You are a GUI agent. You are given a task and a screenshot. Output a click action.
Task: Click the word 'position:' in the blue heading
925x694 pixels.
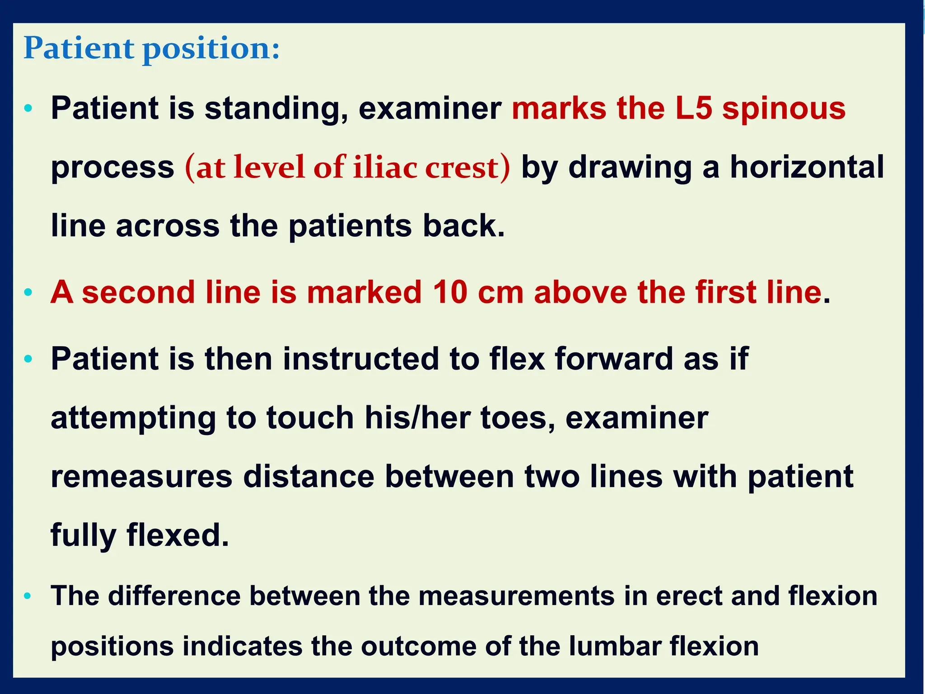[211, 49]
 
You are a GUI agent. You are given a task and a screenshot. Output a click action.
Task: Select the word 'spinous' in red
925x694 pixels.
[784, 109]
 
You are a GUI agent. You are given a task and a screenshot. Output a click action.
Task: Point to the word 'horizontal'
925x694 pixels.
[807, 167]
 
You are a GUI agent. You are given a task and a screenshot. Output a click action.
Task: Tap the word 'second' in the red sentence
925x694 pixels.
[138, 292]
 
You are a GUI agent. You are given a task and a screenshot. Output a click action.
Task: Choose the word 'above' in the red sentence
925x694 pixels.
[580, 292]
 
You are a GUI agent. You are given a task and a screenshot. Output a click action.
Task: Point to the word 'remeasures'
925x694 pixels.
[141, 477]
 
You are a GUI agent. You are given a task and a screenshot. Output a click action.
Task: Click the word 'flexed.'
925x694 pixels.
[178, 535]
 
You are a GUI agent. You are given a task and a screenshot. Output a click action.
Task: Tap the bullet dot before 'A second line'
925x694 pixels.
[28, 293]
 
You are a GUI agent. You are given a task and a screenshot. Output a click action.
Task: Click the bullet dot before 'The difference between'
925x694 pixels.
[28, 596]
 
